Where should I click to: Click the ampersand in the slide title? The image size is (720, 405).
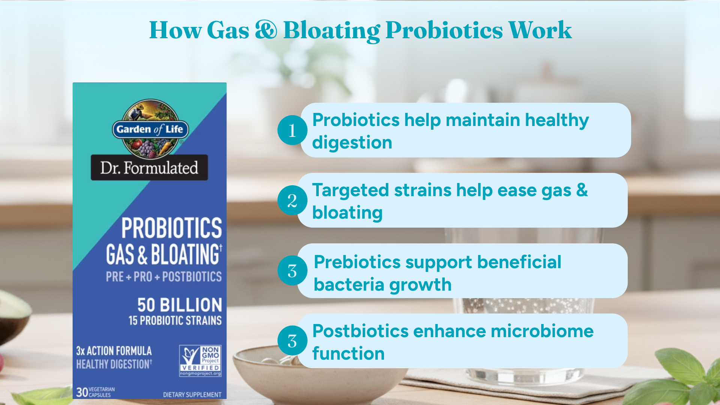[266, 30]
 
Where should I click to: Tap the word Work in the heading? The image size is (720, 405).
[540, 30]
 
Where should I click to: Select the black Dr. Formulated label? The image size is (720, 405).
[149, 168]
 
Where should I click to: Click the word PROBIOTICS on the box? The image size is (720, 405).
[172, 228]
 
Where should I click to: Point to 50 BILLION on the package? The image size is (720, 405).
[180, 305]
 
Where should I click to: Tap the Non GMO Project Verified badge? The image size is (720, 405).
[200, 361]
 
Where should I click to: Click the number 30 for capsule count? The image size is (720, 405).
[82, 392]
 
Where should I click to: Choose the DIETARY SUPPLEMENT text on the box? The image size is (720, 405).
[192, 394]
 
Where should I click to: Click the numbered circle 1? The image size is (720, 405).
[292, 130]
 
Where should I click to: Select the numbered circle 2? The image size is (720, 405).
[292, 200]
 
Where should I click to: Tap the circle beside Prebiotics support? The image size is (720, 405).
[292, 270]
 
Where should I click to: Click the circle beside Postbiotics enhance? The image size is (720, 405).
[292, 340]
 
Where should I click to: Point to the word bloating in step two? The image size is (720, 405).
[348, 213]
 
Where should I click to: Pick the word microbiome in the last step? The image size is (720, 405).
[542, 331]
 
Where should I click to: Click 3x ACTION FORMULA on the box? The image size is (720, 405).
[114, 351]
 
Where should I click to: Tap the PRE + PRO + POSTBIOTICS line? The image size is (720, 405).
[163, 277]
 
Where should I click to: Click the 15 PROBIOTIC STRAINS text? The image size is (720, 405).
[175, 321]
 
